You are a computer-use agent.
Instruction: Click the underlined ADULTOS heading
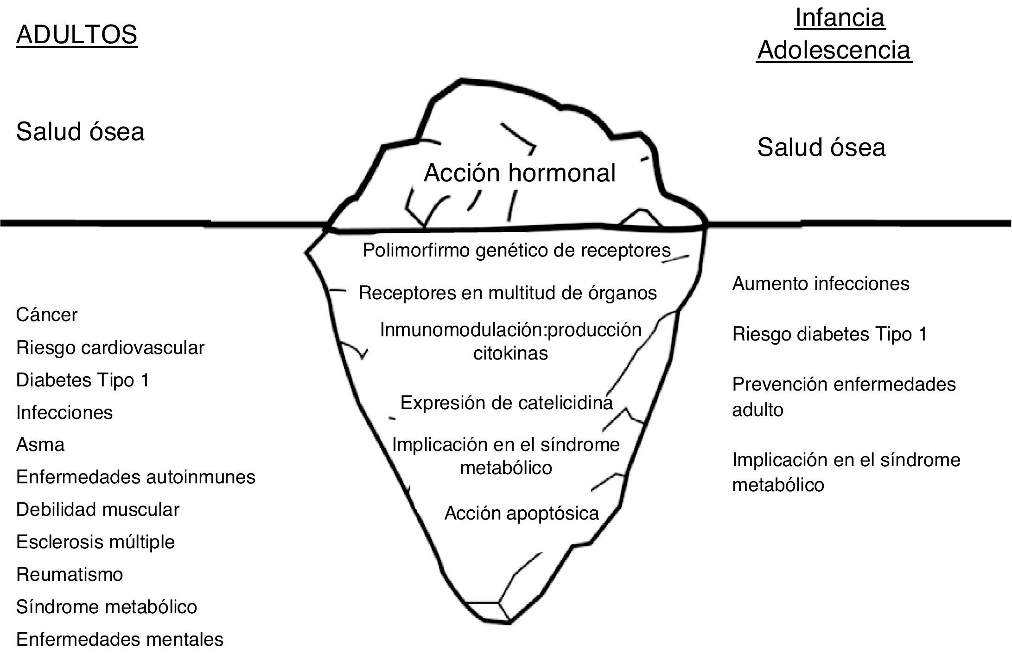(76, 35)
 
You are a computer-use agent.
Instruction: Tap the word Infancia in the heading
(840, 18)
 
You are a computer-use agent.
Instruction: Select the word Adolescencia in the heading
(834, 50)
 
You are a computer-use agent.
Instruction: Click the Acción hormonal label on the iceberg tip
(519, 173)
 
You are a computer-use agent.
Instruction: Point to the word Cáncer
(46, 315)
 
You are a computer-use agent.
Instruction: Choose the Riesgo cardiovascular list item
(110, 347)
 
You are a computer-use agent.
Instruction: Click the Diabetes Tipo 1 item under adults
(83, 380)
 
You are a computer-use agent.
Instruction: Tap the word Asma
(40, 445)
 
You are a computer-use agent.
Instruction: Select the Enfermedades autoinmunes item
(135, 477)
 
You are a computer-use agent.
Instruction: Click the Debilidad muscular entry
(97, 509)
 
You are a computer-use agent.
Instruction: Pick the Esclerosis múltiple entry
(95, 542)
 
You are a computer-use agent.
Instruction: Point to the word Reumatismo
(69, 574)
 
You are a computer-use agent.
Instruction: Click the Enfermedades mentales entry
(120, 639)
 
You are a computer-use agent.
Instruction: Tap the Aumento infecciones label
(821, 283)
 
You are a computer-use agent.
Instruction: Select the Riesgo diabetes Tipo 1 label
(829, 334)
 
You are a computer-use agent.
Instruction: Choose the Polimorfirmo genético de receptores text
(516, 250)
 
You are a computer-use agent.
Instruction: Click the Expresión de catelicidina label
(506, 403)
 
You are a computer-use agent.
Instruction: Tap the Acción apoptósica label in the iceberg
(522, 513)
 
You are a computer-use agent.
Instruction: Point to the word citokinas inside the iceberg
(510, 353)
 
